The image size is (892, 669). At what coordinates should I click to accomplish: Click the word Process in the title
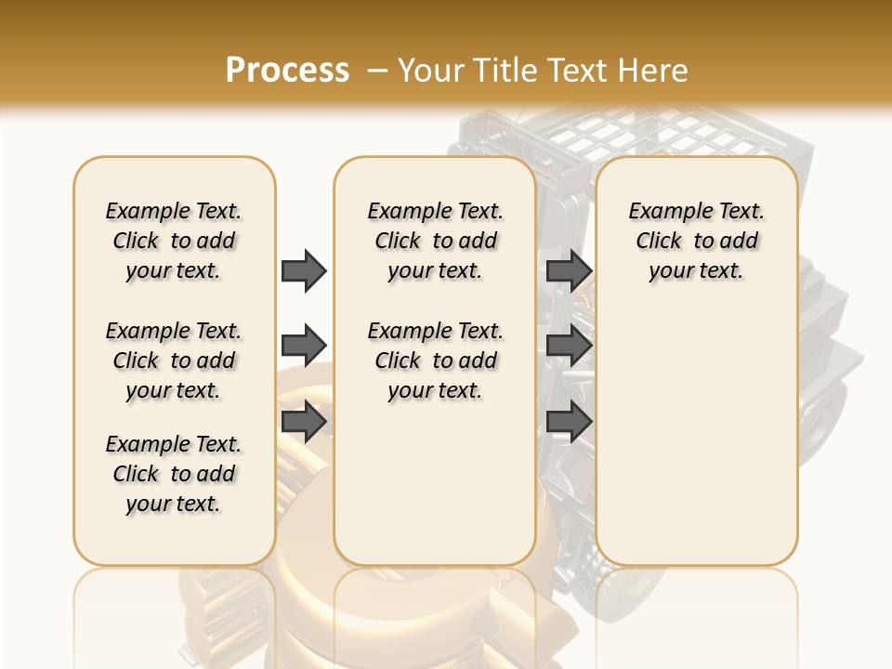[x=287, y=71]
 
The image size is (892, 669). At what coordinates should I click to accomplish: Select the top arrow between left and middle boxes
[x=303, y=270]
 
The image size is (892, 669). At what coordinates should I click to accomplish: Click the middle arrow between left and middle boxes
[x=303, y=346]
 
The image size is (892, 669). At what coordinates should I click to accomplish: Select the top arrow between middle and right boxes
[x=569, y=270]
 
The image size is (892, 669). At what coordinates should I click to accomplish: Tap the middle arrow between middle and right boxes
[x=569, y=346]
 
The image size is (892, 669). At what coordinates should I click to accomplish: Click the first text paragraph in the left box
[x=174, y=241]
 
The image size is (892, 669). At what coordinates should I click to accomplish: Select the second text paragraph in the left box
[x=174, y=361]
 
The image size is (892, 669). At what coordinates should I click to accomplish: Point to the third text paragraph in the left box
[x=174, y=474]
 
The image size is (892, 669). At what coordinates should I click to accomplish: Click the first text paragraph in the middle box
[x=435, y=241]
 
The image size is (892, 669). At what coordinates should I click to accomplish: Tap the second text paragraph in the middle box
[x=435, y=361]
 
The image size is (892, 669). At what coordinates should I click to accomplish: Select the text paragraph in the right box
[x=696, y=241]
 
